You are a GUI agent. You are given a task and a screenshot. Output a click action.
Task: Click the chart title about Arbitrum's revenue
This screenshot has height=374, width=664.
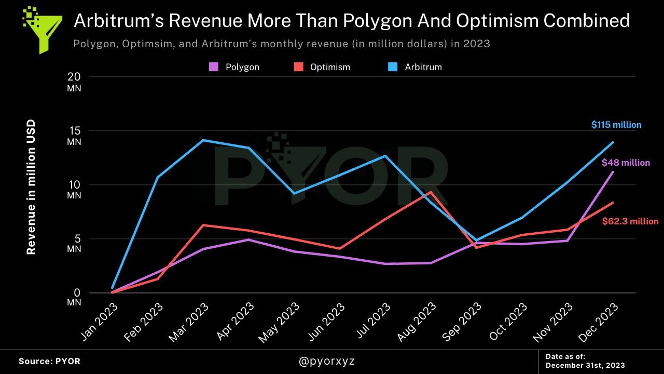click(351, 21)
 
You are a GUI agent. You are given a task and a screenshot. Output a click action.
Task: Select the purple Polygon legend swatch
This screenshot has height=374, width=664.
click(213, 67)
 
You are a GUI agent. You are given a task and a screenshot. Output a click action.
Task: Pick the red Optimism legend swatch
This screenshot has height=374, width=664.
click(298, 67)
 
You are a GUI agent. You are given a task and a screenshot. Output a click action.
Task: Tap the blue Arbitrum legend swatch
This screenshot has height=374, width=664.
click(393, 67)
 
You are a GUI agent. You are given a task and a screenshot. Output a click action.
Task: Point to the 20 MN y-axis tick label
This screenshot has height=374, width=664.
click(74, 82)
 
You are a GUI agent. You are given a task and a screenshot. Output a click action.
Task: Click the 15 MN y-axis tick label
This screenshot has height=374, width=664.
click(74, 136)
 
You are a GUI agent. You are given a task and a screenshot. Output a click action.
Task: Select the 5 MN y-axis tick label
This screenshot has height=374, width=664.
click(74, 244)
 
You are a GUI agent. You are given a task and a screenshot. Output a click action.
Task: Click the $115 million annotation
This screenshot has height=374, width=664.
click(616, 125)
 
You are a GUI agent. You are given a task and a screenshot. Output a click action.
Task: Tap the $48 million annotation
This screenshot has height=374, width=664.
click(626, 163)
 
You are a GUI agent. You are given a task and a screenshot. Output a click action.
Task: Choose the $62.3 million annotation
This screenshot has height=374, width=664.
click(630, 221)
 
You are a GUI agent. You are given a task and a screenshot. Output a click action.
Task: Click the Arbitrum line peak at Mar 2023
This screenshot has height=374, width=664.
click(203, 140)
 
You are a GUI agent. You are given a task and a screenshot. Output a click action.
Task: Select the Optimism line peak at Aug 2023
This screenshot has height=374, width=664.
click(431, 192)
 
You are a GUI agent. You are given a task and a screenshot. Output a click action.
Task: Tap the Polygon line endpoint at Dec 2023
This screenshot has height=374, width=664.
click(613, 172)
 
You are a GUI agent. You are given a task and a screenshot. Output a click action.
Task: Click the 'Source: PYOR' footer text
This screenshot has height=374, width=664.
click(50, 361)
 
